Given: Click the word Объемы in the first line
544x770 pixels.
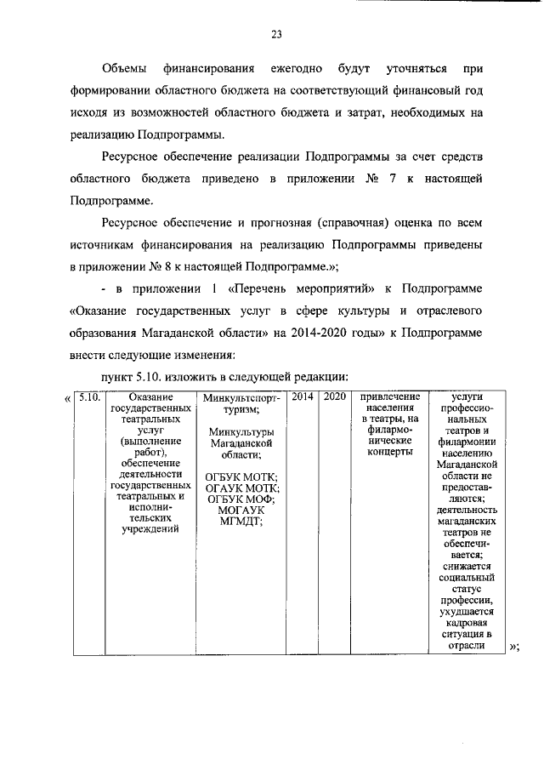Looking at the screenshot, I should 124,67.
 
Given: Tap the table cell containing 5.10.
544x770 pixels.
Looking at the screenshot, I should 88,397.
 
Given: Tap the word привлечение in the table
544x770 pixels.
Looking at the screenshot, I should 390,397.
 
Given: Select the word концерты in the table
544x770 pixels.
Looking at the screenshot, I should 390,452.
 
